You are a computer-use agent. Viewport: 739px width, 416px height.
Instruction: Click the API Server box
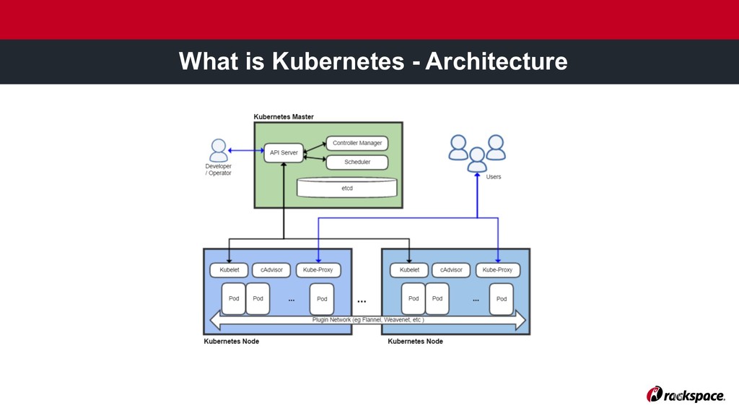(x=283, y=152)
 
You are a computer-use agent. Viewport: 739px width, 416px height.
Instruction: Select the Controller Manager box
(x=357, y=143)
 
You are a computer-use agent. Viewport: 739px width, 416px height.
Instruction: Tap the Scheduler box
(x=357, y=162)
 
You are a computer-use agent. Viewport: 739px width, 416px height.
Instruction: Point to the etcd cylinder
(x=347, y=187)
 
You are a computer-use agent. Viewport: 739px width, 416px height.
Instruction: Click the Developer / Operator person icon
(x=218, y=150)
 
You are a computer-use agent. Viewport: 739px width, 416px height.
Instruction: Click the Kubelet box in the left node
(x=229, y=270)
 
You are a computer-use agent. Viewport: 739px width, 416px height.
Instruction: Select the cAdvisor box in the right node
(x=451, y=270)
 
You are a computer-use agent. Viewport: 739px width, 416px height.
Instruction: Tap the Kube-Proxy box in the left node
(x=318, y=270)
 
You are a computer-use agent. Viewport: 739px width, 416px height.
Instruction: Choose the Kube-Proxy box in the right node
(x=497, y=270)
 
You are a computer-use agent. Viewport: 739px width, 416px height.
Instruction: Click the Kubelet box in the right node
(x=409, y=270)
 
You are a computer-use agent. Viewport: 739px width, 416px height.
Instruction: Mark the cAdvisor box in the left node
(x=271, y=270)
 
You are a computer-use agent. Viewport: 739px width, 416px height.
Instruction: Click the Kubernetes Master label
(x=284, y=116)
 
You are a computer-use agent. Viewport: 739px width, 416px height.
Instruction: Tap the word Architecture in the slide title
(x=496, y=62)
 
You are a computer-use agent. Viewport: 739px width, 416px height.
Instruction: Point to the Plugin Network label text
(x=368, y=319)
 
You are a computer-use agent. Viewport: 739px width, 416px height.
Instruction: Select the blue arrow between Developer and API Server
(x=246, y=151)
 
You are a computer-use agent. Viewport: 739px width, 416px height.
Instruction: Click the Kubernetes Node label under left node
(x=232, y=341)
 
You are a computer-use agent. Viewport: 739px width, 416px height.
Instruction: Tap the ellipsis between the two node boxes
(x=362, y=299)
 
